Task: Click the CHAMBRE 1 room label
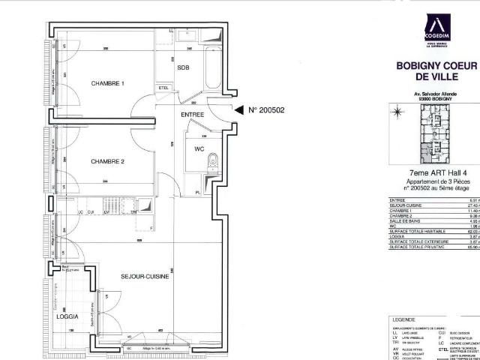tap(107, 82)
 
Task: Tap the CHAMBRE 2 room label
tap(107, 161)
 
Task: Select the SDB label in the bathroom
tap(184, 67)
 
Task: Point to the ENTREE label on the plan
tap(193, 115)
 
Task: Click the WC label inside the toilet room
tap(199, 148)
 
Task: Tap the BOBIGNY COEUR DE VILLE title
tap(436, 71)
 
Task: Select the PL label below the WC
tap(197, 193)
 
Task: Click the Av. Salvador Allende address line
tap(436, 94)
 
